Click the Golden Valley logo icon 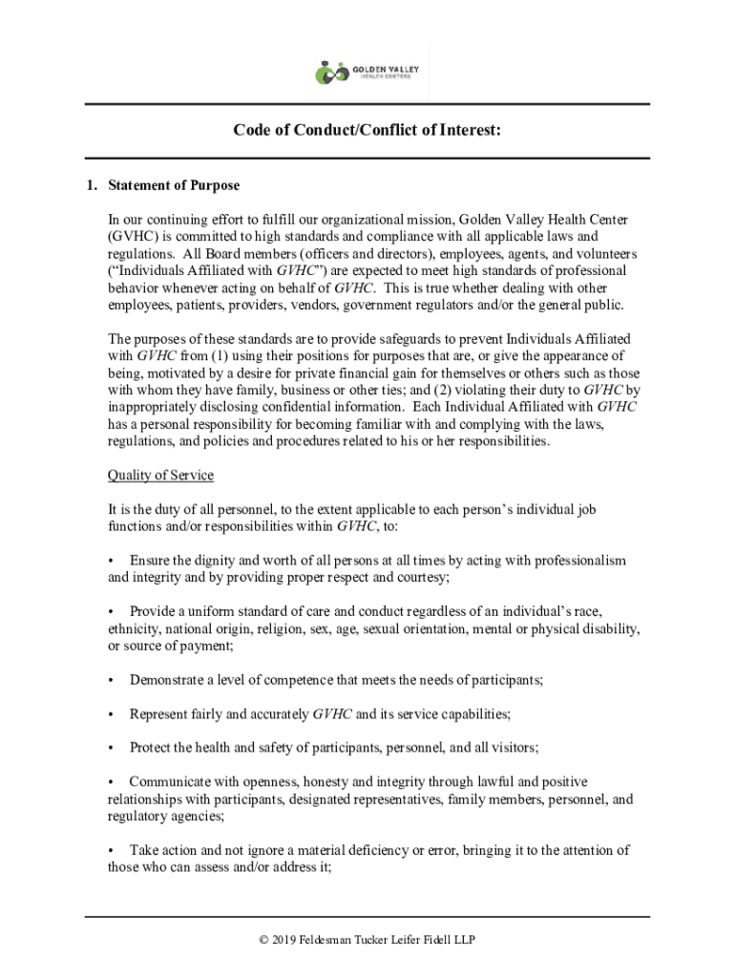333,73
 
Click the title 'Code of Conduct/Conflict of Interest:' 367,131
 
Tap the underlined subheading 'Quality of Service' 160,476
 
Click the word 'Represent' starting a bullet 160,714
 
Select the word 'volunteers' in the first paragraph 605,254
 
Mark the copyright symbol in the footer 264,941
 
